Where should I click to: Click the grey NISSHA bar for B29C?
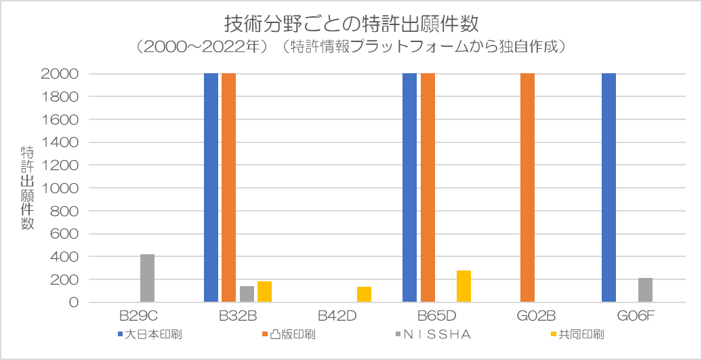tap(147, 278)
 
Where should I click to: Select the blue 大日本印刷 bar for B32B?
tap(211, 188)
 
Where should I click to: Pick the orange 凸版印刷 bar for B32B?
tap(229, 188)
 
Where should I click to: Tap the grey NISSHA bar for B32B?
tap(247, 294)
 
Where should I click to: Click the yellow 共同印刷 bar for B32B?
tap(264, 292)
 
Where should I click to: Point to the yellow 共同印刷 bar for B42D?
tap(364, 294)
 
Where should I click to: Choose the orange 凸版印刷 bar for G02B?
tap(527, 188)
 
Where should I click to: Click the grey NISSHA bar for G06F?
tap(645, 290)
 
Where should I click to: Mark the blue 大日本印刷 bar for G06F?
tap(608, 188)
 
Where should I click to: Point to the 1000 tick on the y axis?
tap(60, 188)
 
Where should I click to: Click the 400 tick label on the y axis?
tap(64, 257)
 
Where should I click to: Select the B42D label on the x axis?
tap(337, 317)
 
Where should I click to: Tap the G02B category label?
tap(536, 317)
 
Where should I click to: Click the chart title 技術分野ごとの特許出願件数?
tap(351, 24)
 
